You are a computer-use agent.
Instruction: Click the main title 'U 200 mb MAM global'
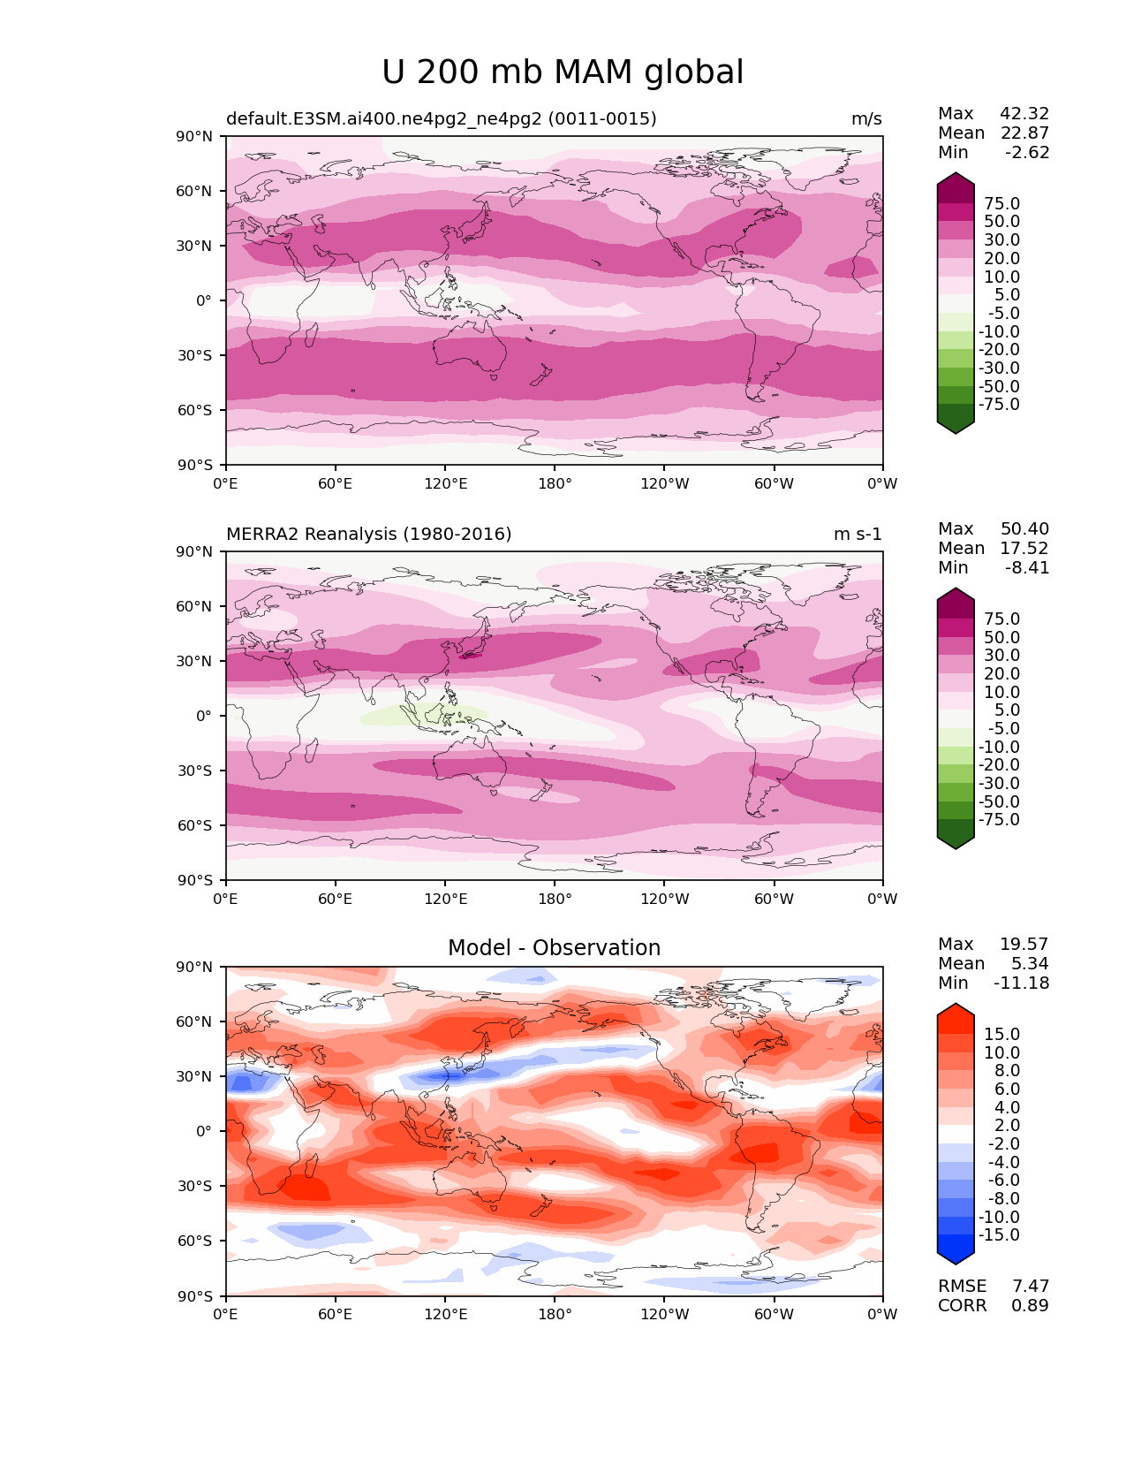click(x=563, y=72)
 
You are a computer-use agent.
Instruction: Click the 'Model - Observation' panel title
click(x=554, y=948)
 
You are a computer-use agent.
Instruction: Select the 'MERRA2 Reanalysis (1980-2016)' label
click(x=368, y=535)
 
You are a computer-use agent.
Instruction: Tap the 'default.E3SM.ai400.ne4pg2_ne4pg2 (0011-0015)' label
click(x=441, y=119)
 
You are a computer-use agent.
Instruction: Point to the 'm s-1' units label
click(x=858, y=535)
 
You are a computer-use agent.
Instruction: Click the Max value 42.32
click(x=1024, y=114)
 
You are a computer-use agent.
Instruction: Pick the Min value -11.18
click(x=1022, y=983)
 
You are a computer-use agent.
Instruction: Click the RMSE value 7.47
click(x=1031, y=1287)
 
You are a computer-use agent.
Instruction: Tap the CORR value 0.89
click(x=1031, y=1306)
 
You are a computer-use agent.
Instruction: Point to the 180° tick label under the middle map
click(x=555, y=900)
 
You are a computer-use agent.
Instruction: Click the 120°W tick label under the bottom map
click(x=665, y=1315)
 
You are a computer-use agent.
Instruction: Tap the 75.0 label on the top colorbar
click(x=1002, y=204)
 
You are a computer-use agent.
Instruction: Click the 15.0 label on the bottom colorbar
click(x=1002, y=1035)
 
